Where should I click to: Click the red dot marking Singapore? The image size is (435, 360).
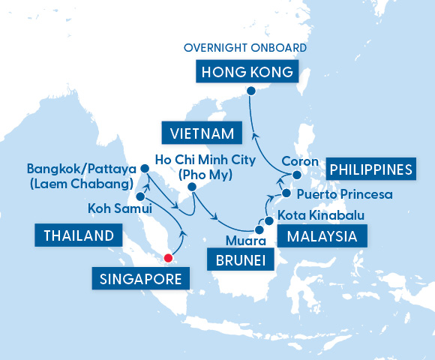coord(168,259)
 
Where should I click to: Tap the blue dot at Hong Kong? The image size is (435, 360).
coord(251,91)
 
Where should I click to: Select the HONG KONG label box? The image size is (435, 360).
coord(245,73)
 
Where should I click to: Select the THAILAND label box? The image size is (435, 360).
coord(78,235)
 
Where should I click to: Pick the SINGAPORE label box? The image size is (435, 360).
coord(140,280)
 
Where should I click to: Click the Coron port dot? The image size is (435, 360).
coord(296,175)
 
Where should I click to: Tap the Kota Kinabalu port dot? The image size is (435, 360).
coord(268,222)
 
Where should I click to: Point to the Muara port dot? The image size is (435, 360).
coord(259,229)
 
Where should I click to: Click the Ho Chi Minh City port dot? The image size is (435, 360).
coord(192,187)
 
